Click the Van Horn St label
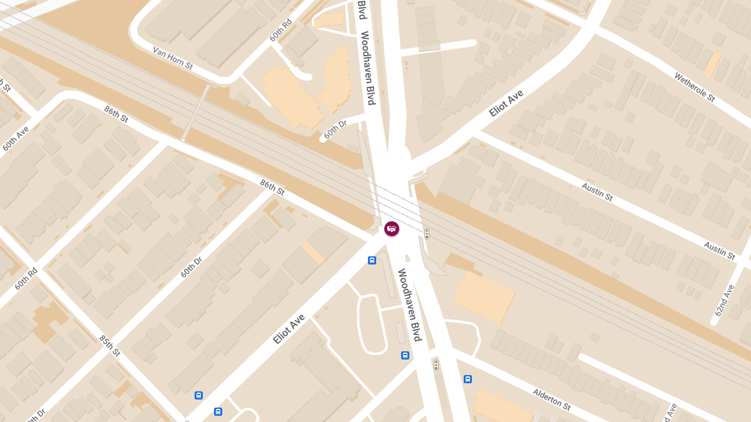[x=173, y=58]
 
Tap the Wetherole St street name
[x=694, y=87]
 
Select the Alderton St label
[x=551, y=399]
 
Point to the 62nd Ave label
[x=724, y=300]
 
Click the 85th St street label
[x=110, y=345]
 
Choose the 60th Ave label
[x=16, y=139]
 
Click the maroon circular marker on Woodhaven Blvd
[x=392, y=229]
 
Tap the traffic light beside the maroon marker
[x=427, y=234]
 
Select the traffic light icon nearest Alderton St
[x=436, y=365]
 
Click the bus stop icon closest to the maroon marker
[x=372, y=260]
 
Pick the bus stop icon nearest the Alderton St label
[x=467, y=379]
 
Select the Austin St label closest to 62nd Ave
[x=719, y=251]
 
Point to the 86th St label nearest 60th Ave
[x=116, y=114]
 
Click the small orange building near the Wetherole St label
[x=712, y=64]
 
